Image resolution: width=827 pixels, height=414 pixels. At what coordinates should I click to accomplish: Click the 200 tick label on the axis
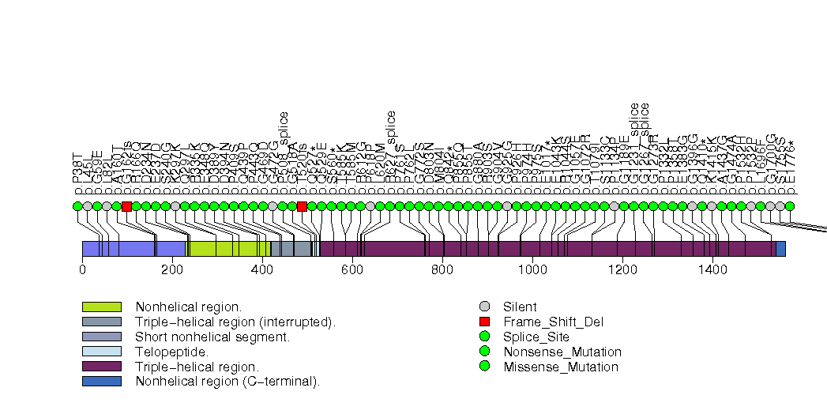172,270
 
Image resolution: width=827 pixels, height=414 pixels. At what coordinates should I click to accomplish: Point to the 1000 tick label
532,270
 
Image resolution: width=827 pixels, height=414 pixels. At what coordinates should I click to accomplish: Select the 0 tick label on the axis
82,270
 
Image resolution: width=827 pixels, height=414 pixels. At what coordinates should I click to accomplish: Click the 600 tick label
352,270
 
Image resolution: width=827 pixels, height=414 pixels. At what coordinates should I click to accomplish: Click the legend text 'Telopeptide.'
172,352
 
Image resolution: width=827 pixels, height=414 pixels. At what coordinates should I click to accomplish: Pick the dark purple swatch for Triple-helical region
101,367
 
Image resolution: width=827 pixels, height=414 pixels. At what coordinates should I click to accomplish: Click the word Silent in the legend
520,307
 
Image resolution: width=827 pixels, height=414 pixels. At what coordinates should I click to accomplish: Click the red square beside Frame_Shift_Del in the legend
485,322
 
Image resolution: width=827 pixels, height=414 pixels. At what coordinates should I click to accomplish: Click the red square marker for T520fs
302,206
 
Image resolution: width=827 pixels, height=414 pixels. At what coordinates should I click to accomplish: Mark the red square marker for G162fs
126,206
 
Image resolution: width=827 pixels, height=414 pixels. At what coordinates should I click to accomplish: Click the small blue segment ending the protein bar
780,249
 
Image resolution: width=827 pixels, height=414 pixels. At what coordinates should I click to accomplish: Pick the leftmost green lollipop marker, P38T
77,206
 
